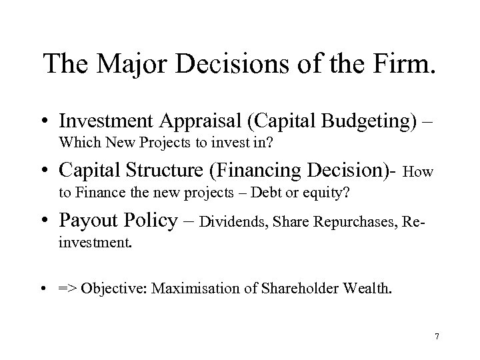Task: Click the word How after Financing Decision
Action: point(419,173)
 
